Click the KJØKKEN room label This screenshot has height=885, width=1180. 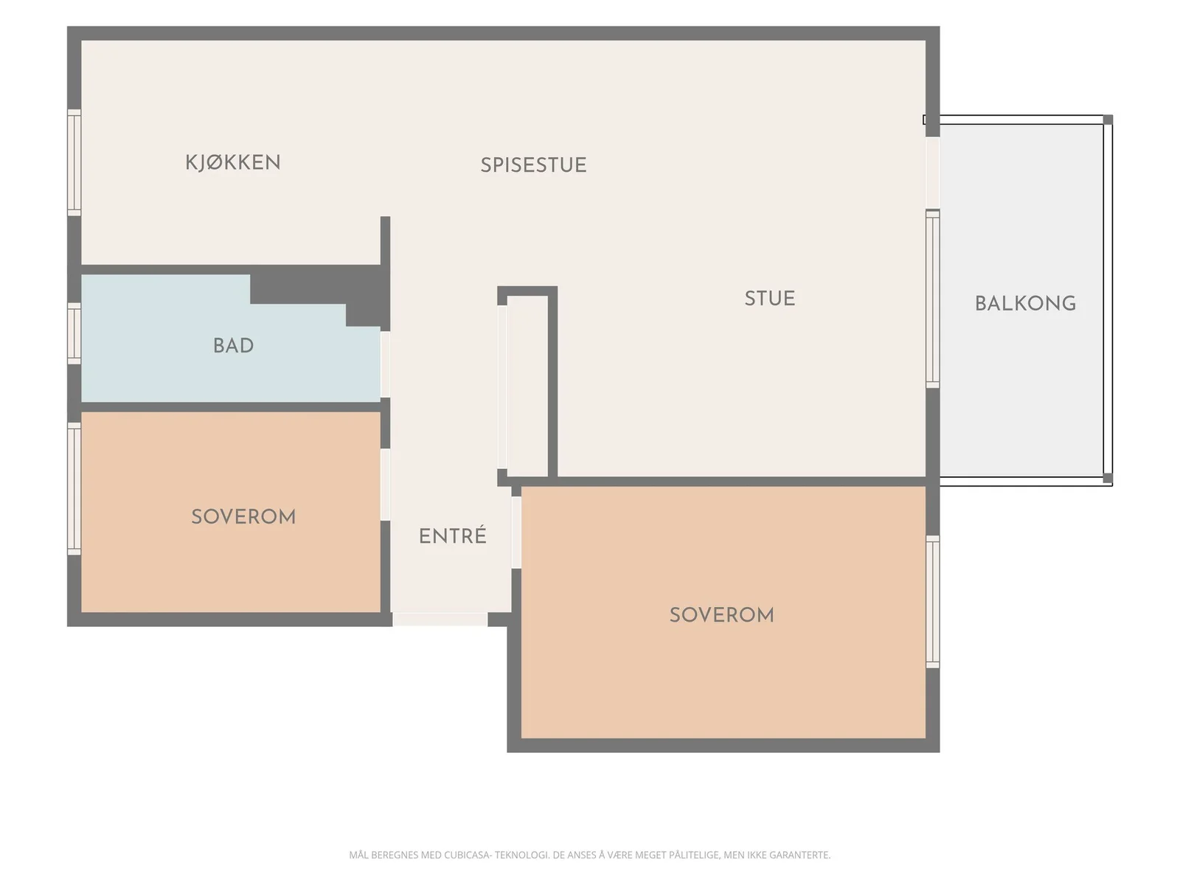233,162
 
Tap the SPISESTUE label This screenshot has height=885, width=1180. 533,165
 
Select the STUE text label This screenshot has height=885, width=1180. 770,298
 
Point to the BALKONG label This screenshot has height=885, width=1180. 1026,304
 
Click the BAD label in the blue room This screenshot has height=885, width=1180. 233,345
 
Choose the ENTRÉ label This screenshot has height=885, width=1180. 453,535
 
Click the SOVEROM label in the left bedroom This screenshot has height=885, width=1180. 243,517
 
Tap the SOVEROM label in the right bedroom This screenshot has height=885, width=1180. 722,615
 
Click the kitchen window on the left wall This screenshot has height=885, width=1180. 74,162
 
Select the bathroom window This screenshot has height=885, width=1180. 74,333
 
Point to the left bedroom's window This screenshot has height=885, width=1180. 74,488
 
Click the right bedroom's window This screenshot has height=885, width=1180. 933,602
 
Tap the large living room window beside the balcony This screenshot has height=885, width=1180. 933,298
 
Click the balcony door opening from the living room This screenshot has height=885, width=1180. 933,173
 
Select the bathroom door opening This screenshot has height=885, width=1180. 386,365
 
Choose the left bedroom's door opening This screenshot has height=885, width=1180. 386,484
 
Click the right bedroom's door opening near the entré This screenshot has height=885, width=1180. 516,532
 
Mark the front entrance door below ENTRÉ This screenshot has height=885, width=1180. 440,619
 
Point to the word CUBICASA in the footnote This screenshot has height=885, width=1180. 468,855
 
